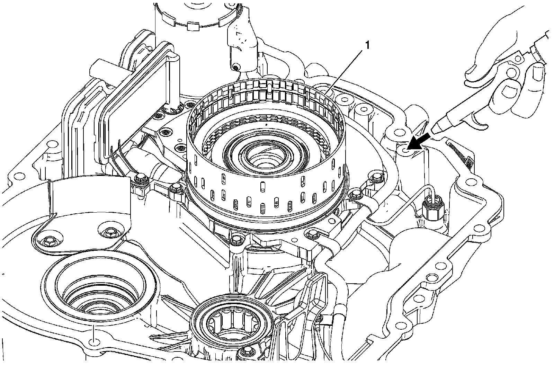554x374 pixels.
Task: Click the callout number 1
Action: [x=368, y=45]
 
